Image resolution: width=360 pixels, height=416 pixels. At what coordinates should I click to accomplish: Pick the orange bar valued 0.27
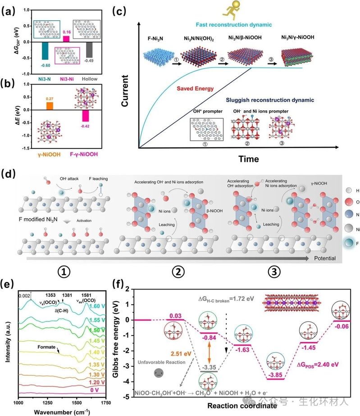click(x=50, y=105)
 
